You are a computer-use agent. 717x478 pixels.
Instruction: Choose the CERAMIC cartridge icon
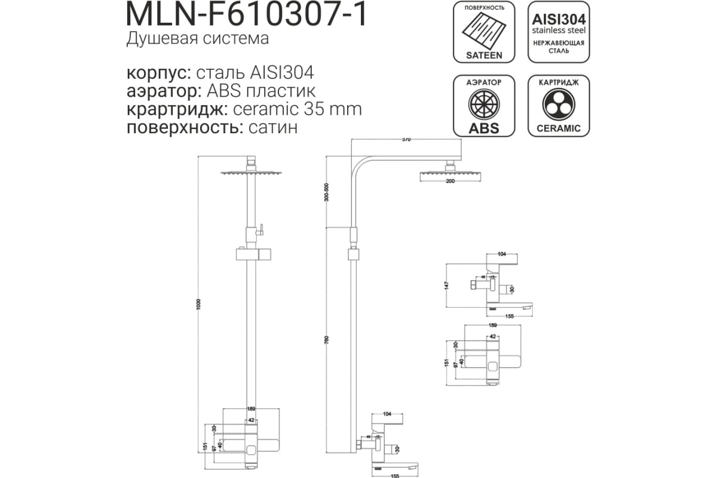(x=559, y=106)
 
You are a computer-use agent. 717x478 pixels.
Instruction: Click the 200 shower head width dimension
(x=449, y=181)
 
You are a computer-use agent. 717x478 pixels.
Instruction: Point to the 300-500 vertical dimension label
(x=326, y=192)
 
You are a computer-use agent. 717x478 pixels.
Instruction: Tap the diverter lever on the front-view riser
(x=262, y=228)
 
